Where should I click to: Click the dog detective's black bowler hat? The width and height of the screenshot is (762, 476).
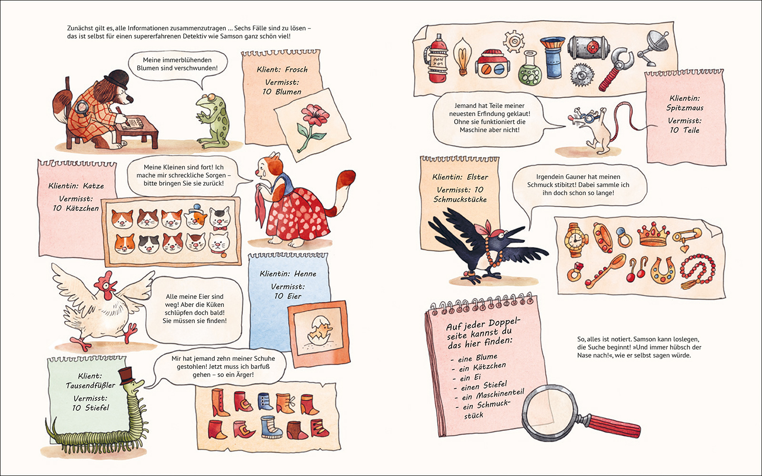click(117, 79)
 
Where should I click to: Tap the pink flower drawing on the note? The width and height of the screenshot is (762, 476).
click(312, 126)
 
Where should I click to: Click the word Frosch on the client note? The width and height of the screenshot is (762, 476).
click(296, 69)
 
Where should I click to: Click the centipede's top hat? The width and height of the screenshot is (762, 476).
click(126, 376)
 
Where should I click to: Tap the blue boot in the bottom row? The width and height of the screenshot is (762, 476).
click(271, 426)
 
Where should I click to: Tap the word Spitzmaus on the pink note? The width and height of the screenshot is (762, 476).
click(685, 108)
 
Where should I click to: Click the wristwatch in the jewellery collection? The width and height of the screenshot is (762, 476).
click(575, 240)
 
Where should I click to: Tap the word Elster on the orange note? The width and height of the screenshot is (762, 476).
click(478, 177)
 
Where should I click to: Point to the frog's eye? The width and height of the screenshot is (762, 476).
click(212, 97)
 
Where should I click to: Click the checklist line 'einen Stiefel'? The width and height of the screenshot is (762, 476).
click(484, 386)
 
